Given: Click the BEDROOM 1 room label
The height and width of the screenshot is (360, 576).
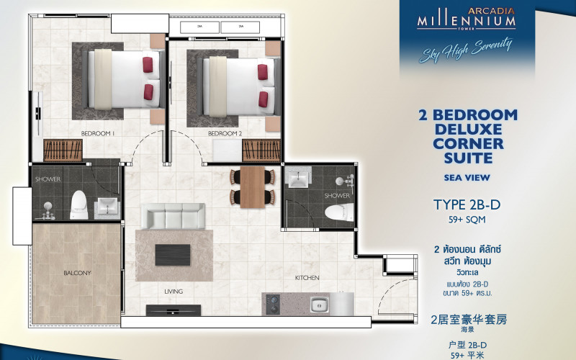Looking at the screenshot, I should coord(99,134).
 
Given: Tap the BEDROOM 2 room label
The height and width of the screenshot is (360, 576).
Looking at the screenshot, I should coord(225,134).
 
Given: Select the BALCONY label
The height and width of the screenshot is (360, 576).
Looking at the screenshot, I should coord(77,273).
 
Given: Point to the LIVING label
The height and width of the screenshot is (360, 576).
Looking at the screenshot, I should coord(173,292).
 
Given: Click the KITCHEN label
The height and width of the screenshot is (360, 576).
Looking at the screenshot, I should coord(307,277).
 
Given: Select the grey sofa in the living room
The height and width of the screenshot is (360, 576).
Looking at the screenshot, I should coord(174,216).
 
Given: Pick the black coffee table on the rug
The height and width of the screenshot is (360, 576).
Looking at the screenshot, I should coord(173,253).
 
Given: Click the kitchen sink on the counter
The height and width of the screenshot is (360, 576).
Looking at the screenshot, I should coord(320,305).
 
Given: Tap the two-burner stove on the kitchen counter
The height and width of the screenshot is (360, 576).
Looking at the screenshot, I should coord(274,305).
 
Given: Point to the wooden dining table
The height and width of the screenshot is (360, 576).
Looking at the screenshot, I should coord(252,186).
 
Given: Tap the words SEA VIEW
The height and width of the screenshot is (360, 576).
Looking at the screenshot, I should coord(468,176).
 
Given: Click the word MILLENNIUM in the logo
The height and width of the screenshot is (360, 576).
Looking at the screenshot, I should coord(467,22).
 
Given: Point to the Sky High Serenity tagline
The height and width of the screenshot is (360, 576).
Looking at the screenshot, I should coord(467,48).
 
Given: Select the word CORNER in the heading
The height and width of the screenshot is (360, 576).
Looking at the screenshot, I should coord(468,143).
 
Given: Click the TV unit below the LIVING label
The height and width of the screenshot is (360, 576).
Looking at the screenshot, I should coord(173,310).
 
